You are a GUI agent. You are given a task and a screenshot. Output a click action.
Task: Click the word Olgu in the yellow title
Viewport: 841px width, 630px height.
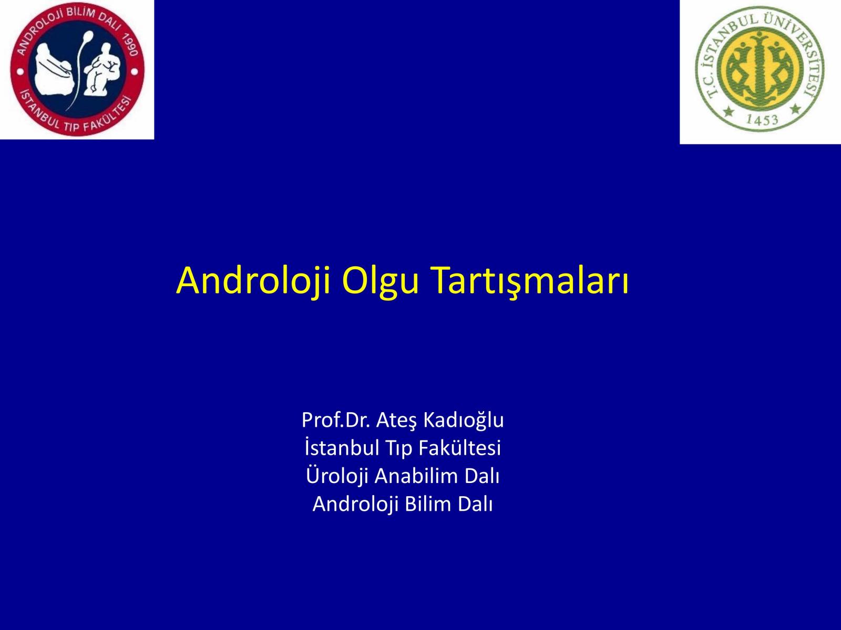[x=380, y=281]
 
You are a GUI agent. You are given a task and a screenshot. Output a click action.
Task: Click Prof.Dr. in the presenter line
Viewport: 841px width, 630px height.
[x=336, y=420]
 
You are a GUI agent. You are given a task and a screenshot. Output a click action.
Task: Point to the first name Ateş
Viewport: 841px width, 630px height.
[x=396, y=421]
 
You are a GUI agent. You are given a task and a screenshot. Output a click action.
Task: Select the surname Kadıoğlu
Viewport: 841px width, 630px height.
[x=464, y=421]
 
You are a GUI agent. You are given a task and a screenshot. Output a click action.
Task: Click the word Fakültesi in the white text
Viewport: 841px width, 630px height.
[x=459, y=448]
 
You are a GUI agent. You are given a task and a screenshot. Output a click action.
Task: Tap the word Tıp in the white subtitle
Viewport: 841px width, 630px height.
[x=399, y=449]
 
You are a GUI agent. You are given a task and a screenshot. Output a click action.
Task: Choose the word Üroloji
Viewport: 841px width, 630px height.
[x=337, y=477]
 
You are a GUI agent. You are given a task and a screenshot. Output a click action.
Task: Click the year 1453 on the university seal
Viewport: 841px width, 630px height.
[x=762, y=120]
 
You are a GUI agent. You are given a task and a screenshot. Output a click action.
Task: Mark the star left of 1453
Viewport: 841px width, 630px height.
[x=728, y=112]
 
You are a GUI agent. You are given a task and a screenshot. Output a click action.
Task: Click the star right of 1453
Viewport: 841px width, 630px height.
[x=795, y=109]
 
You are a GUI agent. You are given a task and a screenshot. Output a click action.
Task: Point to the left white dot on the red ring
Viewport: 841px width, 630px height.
[x=20, y=71]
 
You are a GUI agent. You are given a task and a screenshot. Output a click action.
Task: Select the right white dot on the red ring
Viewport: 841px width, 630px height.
[x=135, y=71]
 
